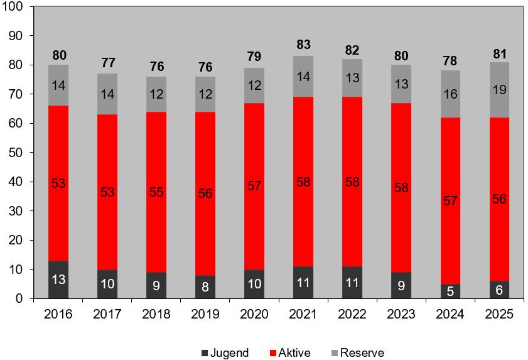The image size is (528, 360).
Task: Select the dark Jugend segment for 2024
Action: [x=451, y=292]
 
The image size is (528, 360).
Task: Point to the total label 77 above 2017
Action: [x=108, y=63]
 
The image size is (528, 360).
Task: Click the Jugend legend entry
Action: [x=225, y=353]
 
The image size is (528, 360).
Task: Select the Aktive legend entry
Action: [x=289, y=353]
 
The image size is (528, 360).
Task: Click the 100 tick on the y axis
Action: [x=13, y=7]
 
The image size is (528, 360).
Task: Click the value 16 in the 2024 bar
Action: [x=451, y=94]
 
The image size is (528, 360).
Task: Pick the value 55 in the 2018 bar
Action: [x=157, y=192]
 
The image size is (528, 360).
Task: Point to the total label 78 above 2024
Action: [x=451, y=60]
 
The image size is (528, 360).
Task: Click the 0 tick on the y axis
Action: [x=19, y=298]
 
